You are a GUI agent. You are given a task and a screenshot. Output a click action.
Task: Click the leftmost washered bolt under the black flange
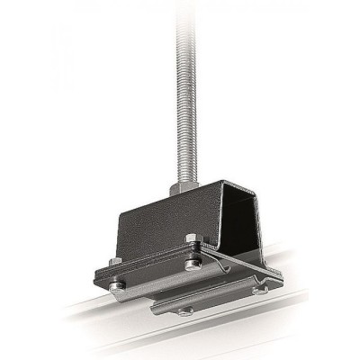click(x=117, y=286)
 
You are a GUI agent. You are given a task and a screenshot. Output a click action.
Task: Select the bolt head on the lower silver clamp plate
click(x=184, y=310)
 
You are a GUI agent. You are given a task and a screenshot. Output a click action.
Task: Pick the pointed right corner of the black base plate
click(x=282, y=274)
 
